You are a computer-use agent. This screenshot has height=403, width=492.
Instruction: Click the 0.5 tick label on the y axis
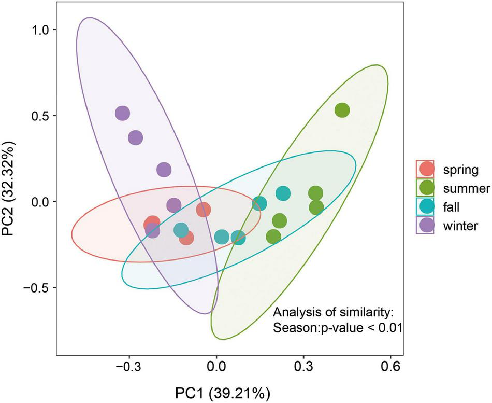(x=40, y=116)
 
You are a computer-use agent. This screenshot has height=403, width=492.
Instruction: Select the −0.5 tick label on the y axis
(x=37, y=287)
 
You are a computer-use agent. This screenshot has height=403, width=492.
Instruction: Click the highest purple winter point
(x=122, y=113)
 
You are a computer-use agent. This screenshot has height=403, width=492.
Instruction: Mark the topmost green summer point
(x=342, y=110)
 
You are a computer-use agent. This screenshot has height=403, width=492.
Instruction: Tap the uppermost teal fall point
(x=283, y=193)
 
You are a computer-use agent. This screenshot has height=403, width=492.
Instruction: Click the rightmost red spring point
(x=203, y=210)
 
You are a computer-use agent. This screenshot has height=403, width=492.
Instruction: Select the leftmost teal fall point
(x=181, y=230)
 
